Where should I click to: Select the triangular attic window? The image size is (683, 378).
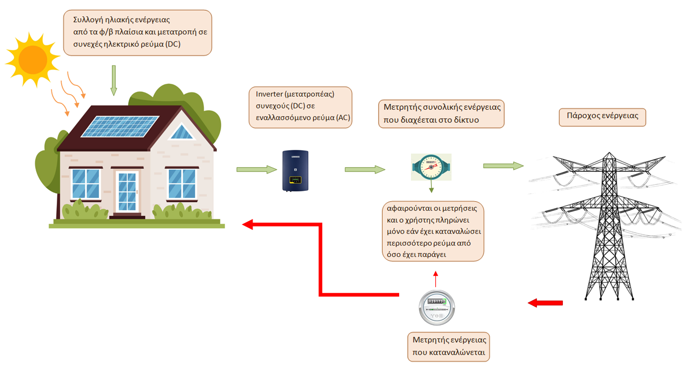click(x=182, y=131)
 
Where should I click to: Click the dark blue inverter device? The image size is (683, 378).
click(x=295, y=170)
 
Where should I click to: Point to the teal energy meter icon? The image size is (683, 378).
click(x=431, y=167)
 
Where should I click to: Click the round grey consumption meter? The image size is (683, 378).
click(x=436, y=308)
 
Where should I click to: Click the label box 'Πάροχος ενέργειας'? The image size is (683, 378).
click(x=602, y=116)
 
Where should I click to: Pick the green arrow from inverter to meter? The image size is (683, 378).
click(x=365, y=170)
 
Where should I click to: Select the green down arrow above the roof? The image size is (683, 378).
click(x=114, y=79)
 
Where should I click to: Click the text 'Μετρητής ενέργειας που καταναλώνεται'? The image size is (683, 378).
click(x=449, y=347)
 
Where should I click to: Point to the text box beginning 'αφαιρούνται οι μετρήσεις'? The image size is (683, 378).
click(x=432, y=232)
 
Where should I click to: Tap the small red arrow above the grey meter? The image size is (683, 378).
click(x=436, y=277)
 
